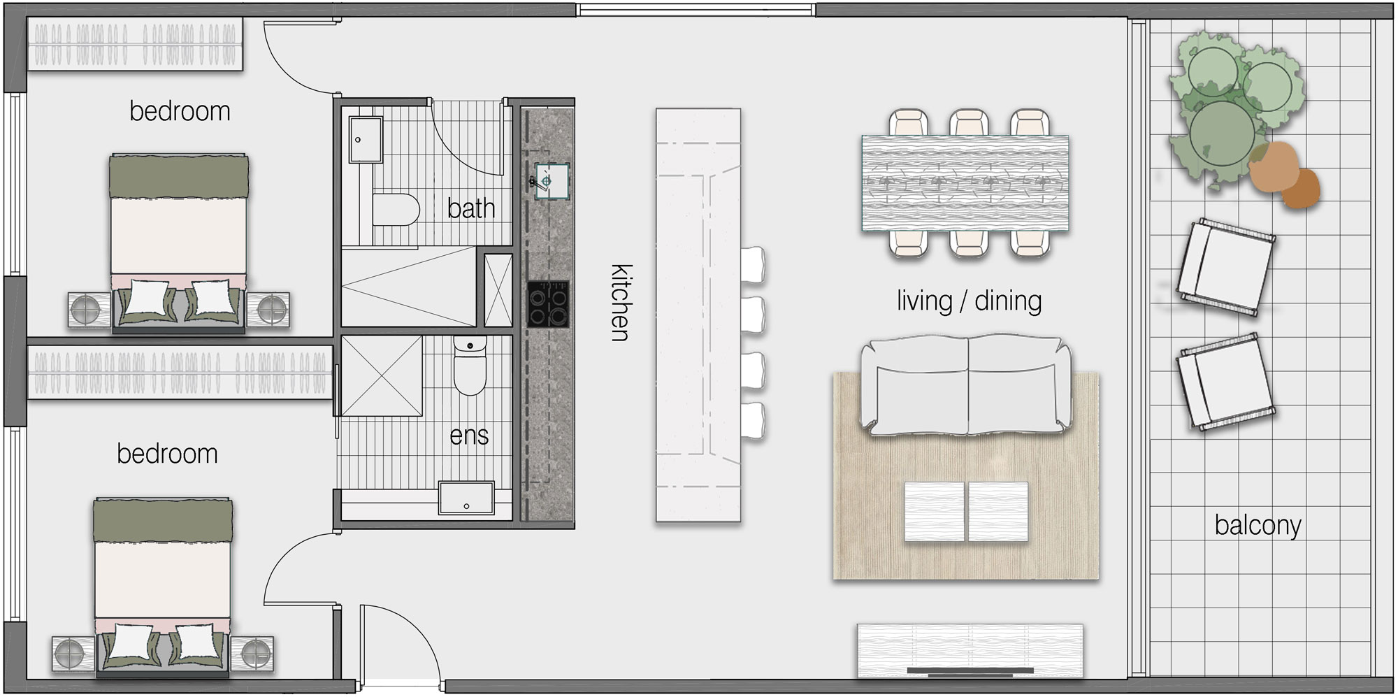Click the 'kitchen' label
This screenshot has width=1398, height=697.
click(x=621, y=303)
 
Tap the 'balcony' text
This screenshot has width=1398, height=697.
click(x=1258, y=526)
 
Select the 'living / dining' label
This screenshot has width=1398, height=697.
click(x=970, y=301)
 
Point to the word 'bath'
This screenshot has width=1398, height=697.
click(x=471, y=208)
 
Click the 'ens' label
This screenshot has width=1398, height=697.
click(x=469, y=436)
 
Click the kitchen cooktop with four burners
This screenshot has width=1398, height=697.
click(x=548, y=303)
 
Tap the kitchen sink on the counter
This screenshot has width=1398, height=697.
click(x=552, y=180)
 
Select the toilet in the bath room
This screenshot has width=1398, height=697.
click(x=396, y=210)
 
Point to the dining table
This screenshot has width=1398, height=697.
click(x=965, y=183)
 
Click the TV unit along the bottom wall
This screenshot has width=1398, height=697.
click(x=970, y=651)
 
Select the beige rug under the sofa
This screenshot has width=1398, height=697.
click(x=965, y=476)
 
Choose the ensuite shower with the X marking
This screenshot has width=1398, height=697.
click(x=382, y=376)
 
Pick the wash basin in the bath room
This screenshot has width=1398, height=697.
click(x=366, y=140)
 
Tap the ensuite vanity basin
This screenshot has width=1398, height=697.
click(x=466, y=498)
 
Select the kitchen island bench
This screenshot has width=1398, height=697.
click(x=698, y=315)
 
